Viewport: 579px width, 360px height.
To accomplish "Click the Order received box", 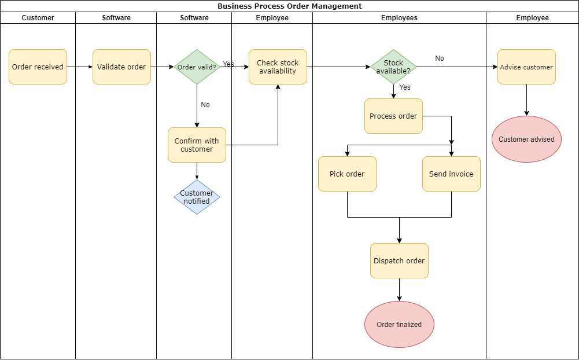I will point(38,67).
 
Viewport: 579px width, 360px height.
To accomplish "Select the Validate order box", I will point(121,67).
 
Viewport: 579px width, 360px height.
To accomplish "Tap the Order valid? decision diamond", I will point(197,67).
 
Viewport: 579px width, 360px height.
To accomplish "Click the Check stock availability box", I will point(278,67).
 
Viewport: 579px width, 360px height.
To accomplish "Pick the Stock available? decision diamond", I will point(393,67).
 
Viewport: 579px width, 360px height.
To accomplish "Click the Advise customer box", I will point(526,67).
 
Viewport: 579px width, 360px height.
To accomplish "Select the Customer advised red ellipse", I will point(526,139).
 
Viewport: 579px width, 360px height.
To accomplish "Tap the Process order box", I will point(393,116).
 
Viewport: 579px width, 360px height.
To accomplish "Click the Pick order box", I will point(347,174).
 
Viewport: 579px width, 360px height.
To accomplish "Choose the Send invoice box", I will point(451,174).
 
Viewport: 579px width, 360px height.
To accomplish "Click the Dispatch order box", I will point(399,261).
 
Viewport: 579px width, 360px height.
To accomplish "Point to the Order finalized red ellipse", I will point(399,325).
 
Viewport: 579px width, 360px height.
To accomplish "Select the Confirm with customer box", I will point(197,145).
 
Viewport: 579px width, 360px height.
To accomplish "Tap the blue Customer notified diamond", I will point(197,197).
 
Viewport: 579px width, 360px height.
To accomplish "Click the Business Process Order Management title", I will point(289,6).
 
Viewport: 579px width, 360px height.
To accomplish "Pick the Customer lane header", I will point(38,18).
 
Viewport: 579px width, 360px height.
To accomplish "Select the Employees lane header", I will point(399,18).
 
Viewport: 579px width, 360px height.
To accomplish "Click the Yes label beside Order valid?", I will point(228,64).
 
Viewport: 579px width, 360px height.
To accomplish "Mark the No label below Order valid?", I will point(205,105).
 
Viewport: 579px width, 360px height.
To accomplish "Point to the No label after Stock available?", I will point(440,58).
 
